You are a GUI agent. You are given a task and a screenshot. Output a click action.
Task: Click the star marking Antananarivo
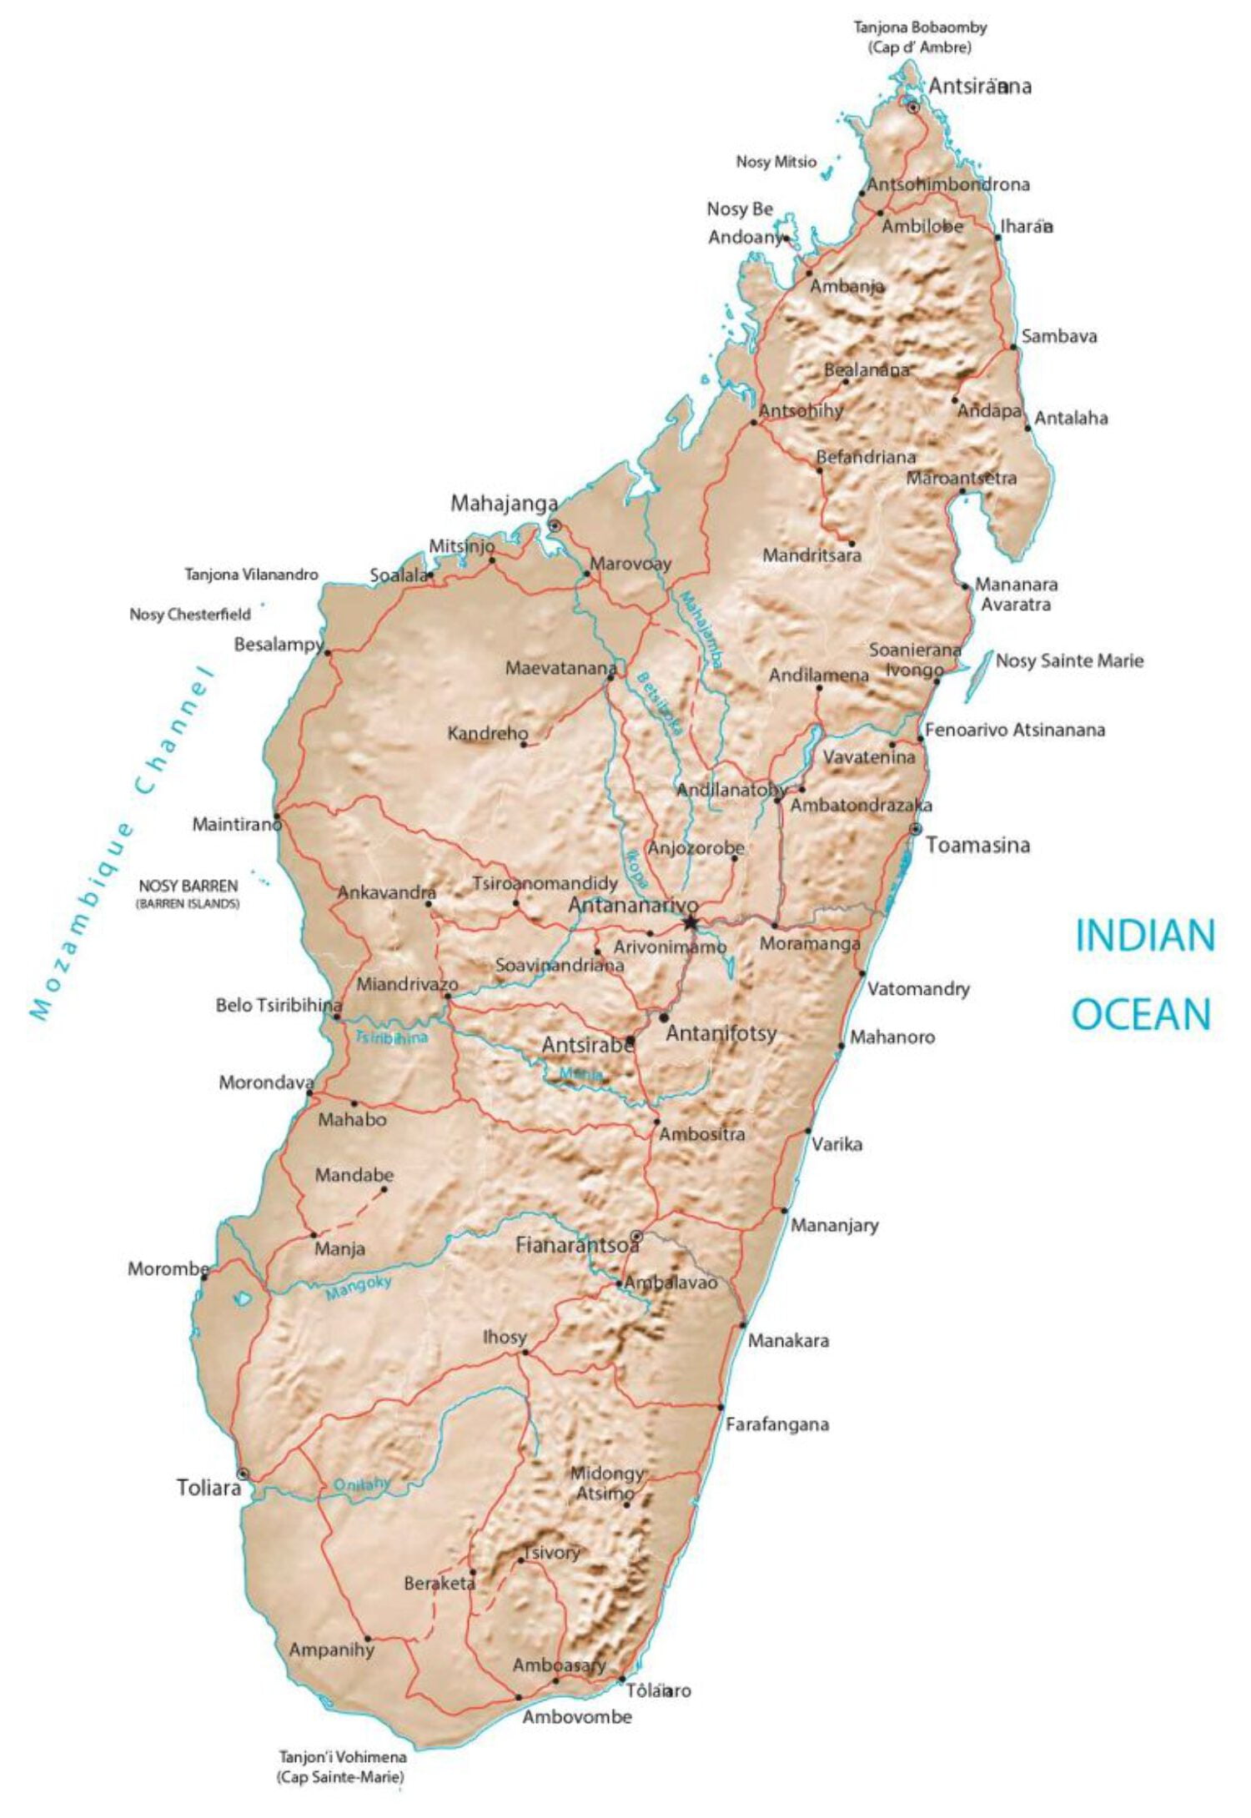pyautogui.click(x=691, y=922)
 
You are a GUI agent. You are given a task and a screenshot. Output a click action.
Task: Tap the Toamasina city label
pyautogui.click(x=977, y=846)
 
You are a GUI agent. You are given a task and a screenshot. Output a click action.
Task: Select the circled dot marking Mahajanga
pyautogui.click(x=554, y=525)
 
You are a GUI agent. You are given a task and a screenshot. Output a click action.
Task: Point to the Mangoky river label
pyautogui.click(x=358, y=1287)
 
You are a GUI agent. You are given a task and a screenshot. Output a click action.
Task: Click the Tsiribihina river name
pyautogui.click(x=391, y=1037)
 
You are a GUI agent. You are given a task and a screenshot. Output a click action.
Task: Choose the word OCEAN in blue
pyautogui.click(x=1141, y=1015)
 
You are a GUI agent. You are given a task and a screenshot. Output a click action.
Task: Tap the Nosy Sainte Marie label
pyautogui.click(x=1069, y=661)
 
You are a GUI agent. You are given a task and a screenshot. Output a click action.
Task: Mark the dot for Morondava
pyautogui.click(x=309, y=1092)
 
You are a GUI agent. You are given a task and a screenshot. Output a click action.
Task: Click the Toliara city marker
pyautogui.click(x=243, y=1474)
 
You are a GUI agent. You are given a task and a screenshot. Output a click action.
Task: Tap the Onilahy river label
pyautogui.click(x=361, y=1484)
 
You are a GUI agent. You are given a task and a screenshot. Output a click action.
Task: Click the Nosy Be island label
pyautogui.click(x=740, y=208)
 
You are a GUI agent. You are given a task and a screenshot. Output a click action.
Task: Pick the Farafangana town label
pyautogui.click(x=776, y=1424)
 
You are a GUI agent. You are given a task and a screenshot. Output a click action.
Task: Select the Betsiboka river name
pyautogui.click(x=660, y=702)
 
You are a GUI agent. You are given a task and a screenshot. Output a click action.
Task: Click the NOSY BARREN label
pyautogui.click(x=188, y=886)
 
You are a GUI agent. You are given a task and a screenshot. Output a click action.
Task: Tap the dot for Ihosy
pyautogui.click(x=524, y=1353)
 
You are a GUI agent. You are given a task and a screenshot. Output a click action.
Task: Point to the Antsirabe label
pyautogui.click(x=586, y=1045)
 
